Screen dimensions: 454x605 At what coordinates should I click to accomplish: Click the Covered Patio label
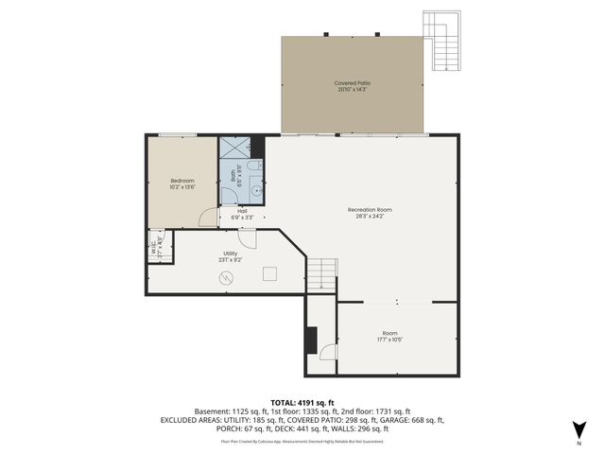(352, 83)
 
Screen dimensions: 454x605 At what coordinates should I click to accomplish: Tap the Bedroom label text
(182, 181)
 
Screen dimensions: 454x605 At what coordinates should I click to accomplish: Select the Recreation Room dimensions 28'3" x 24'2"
(370, 216)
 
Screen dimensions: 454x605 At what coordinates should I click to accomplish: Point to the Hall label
(242, 212)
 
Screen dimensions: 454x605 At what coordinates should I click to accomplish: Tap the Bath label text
(233, 174)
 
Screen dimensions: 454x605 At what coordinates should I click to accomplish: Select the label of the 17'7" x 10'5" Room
(389, 333)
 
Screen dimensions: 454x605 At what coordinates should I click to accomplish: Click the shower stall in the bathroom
(235, 148)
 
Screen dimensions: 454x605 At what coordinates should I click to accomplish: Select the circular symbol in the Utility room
(226, 277)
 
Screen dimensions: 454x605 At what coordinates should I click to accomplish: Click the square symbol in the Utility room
(269, 275)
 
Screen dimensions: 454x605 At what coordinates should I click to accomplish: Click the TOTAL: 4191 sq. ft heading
(302, 402)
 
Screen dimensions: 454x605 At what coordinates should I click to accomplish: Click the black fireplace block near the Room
(309, 340)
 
